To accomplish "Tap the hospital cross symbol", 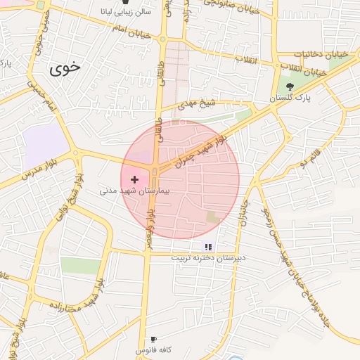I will coord(135,180).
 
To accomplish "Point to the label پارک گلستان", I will coord(295,99).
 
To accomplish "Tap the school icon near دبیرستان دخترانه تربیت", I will coord(208,247).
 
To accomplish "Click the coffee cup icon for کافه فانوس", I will coord(153,340).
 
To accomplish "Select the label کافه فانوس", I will coord(153,349).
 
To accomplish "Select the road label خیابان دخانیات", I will coord(302,54).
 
